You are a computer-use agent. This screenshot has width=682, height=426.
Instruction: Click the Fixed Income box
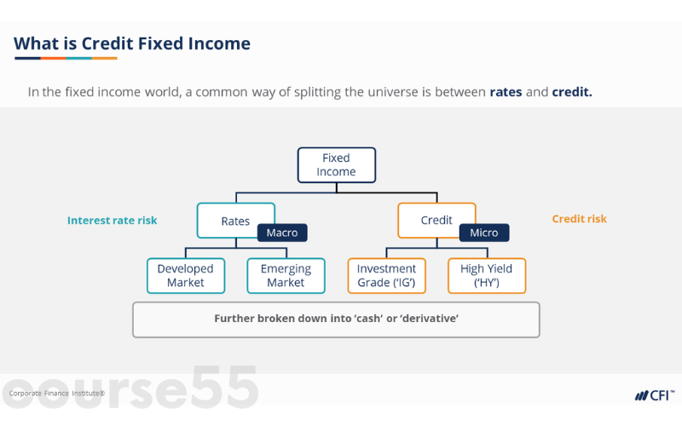coord(336,165)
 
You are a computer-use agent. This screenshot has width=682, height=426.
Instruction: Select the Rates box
coord(235,221)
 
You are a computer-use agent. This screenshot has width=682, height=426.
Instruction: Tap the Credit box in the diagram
coord(436,220)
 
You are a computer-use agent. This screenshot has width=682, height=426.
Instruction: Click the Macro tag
coord(282,233)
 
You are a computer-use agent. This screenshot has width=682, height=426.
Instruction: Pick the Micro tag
coord(484,233)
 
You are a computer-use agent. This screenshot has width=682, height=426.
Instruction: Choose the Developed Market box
coord(186,276)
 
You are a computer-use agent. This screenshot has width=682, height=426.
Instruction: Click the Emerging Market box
coord(286,276)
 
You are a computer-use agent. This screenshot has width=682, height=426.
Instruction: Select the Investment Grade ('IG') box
coord(386,276)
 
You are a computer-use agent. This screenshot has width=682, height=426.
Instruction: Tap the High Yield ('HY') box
coord(487,276)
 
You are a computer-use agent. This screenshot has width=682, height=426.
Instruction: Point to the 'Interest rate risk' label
coord(112,220)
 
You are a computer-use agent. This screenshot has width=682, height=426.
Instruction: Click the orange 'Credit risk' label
coord(579,219)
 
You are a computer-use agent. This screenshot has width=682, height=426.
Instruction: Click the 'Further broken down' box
coord(336,319)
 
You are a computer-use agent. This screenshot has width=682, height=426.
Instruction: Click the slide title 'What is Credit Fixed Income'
coord(132,43)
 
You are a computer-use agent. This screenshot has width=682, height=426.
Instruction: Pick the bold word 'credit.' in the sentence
coord(571,91)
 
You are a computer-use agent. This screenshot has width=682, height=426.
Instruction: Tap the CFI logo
coord(654,395)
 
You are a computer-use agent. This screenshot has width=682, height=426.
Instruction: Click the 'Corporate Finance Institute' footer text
coord(57,394)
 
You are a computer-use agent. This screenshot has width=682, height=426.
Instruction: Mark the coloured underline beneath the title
coord(66,58)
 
